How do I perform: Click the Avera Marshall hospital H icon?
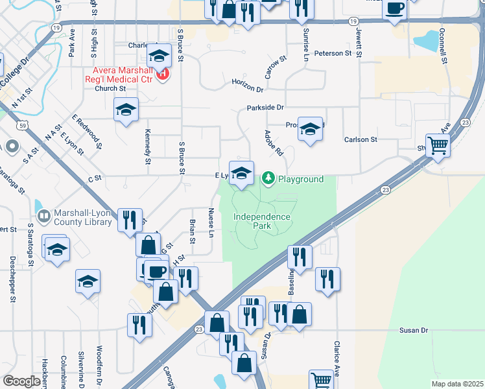(x=162, y=74)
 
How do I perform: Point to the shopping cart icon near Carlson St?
(x=438, y=146)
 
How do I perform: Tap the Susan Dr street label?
(x=414, y=331)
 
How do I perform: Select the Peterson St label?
(x=333, y=53)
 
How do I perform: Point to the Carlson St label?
(x=361, y=139)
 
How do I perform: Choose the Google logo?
(x=21, y=381)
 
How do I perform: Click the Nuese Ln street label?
(x=211, y=222)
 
